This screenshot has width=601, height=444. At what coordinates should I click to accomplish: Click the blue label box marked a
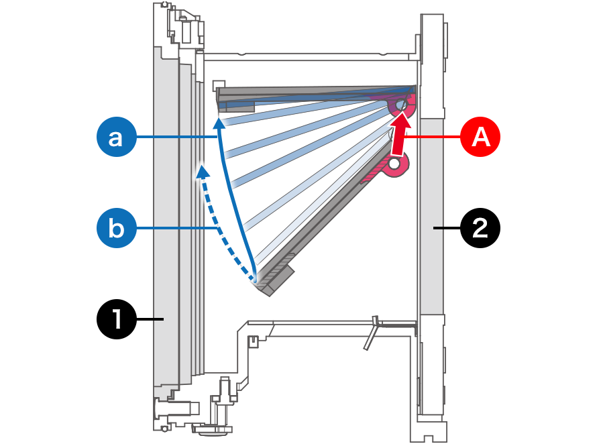(x=117, y=137)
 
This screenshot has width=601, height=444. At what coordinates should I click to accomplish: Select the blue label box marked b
(x=117, y=228)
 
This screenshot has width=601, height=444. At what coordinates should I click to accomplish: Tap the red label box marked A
(x=480, y=137)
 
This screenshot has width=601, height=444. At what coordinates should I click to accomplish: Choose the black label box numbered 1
(x=117, y=319)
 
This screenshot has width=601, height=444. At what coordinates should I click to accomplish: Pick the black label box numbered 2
(x=480, y=228)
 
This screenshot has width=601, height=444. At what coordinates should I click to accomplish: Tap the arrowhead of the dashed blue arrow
(x=201, y=171)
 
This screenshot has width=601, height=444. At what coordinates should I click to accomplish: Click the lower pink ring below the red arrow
(x=395, y=164)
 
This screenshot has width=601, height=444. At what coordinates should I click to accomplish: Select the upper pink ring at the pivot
(x=401, y=105)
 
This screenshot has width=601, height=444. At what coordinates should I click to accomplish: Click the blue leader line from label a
(x=178, y=137)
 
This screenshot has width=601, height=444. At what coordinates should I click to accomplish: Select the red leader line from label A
(x=436, y=137)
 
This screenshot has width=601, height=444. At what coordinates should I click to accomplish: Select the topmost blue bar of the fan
(x=315, y=97)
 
